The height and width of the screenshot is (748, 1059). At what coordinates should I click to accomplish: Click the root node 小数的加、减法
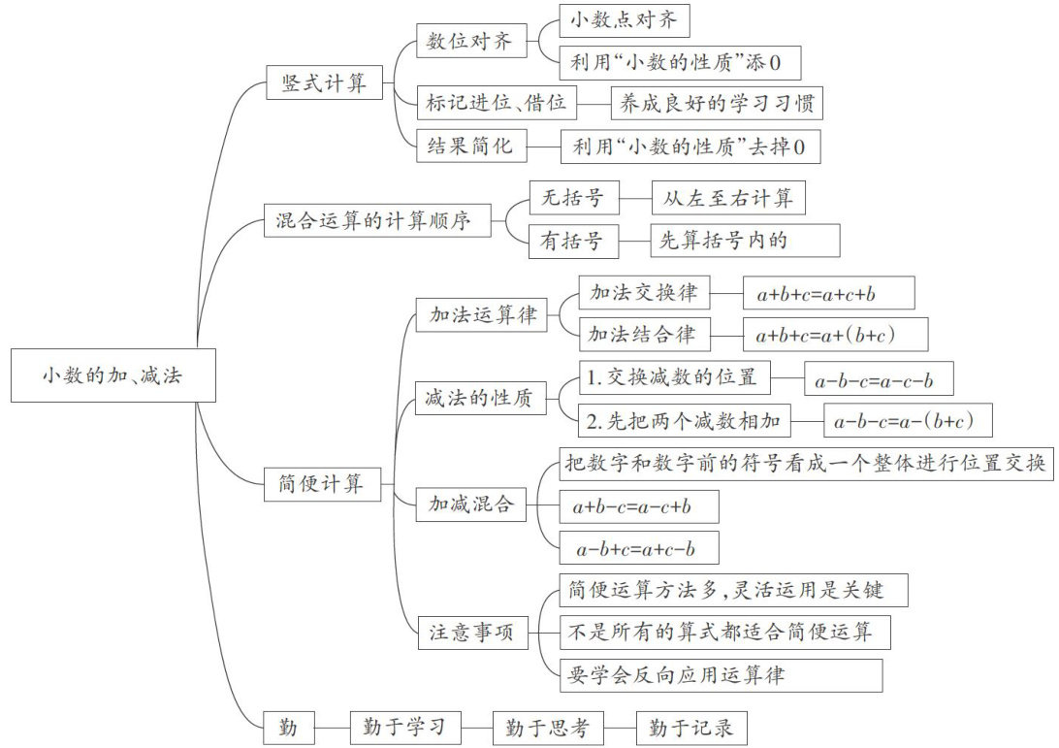[x=112, y=375]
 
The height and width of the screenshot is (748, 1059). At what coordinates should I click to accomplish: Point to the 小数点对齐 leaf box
[x=624, y=19]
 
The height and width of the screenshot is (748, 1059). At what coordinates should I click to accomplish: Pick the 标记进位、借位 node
[x=497, y=102]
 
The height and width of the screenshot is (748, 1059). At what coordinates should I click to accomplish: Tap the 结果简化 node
[x=470, y=146]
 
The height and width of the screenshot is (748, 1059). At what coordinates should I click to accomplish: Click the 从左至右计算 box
[x=728, y=199]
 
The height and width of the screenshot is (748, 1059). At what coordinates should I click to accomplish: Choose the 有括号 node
[x=573, y=242]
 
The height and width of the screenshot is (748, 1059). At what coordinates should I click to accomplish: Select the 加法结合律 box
[x=642, y=334]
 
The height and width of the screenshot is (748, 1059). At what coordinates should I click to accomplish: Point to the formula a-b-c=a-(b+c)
[x=909, y=421]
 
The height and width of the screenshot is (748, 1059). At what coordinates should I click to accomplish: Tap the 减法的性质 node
[x=480, y=398]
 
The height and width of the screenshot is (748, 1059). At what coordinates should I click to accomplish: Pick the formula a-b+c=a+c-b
[x=640, y=550]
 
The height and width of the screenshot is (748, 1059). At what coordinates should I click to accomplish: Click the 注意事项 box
[x=472, y=634]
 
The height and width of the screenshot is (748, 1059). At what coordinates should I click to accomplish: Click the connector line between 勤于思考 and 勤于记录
[x=621, y=727]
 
